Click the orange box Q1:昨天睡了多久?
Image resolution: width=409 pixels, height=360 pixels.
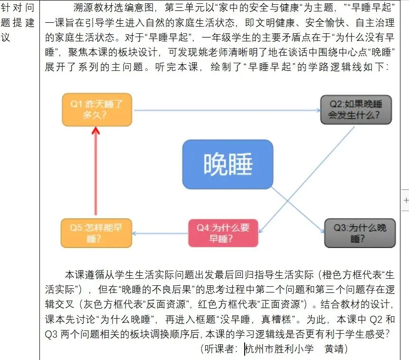pyautogui.click(x=97, y=109)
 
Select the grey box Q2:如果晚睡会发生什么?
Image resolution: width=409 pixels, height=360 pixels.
pyautogui.click(x=356, y=110)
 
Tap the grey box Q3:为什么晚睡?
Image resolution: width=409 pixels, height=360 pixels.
pyautogui.click(x=360, y=233)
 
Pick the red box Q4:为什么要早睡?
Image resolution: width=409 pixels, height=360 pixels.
pyautogui.click(x=223, y=233)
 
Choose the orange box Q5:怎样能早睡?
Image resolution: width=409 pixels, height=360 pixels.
pyautogui.click(x=96, y=233)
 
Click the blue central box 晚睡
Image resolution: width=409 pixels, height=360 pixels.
pyautogui.click(x=228, y=164)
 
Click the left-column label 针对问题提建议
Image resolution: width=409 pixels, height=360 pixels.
pyautogui.click(x=19, y=22)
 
